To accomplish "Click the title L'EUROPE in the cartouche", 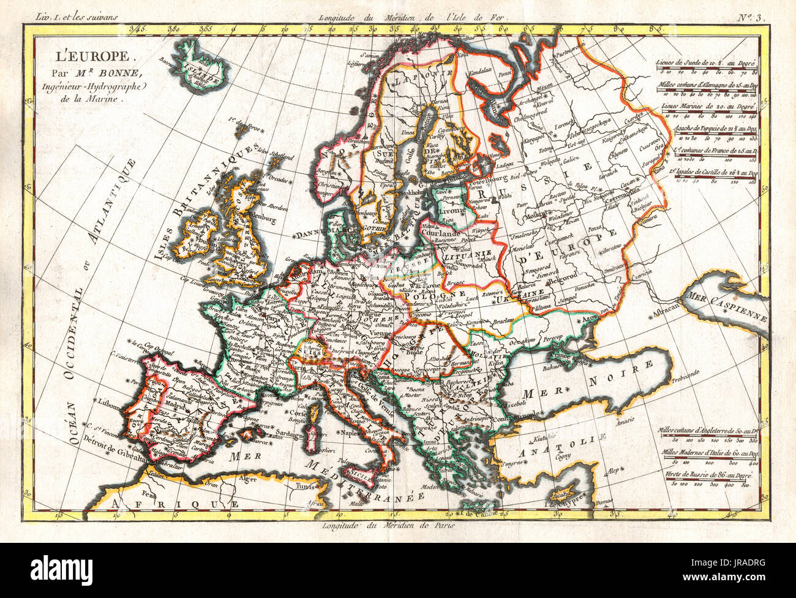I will [91, 56].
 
